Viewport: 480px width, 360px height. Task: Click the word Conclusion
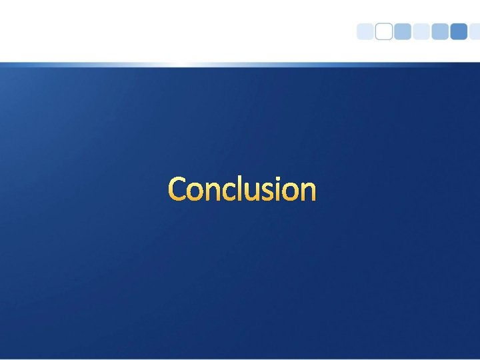[242, 189]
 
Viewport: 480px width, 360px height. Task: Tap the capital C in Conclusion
[178, 189]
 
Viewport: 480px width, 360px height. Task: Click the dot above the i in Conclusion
[283, 179]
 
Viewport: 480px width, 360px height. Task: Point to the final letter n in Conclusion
[309, 192]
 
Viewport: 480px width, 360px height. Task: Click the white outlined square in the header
[384, 32]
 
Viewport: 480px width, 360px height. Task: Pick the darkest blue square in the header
[459, 32]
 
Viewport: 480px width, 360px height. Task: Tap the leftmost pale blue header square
[365, 32]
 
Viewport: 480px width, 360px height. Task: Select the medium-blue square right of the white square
[403, 32]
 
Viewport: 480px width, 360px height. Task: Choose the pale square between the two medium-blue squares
[421, 32]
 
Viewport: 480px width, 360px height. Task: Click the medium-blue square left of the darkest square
[440, 32]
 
